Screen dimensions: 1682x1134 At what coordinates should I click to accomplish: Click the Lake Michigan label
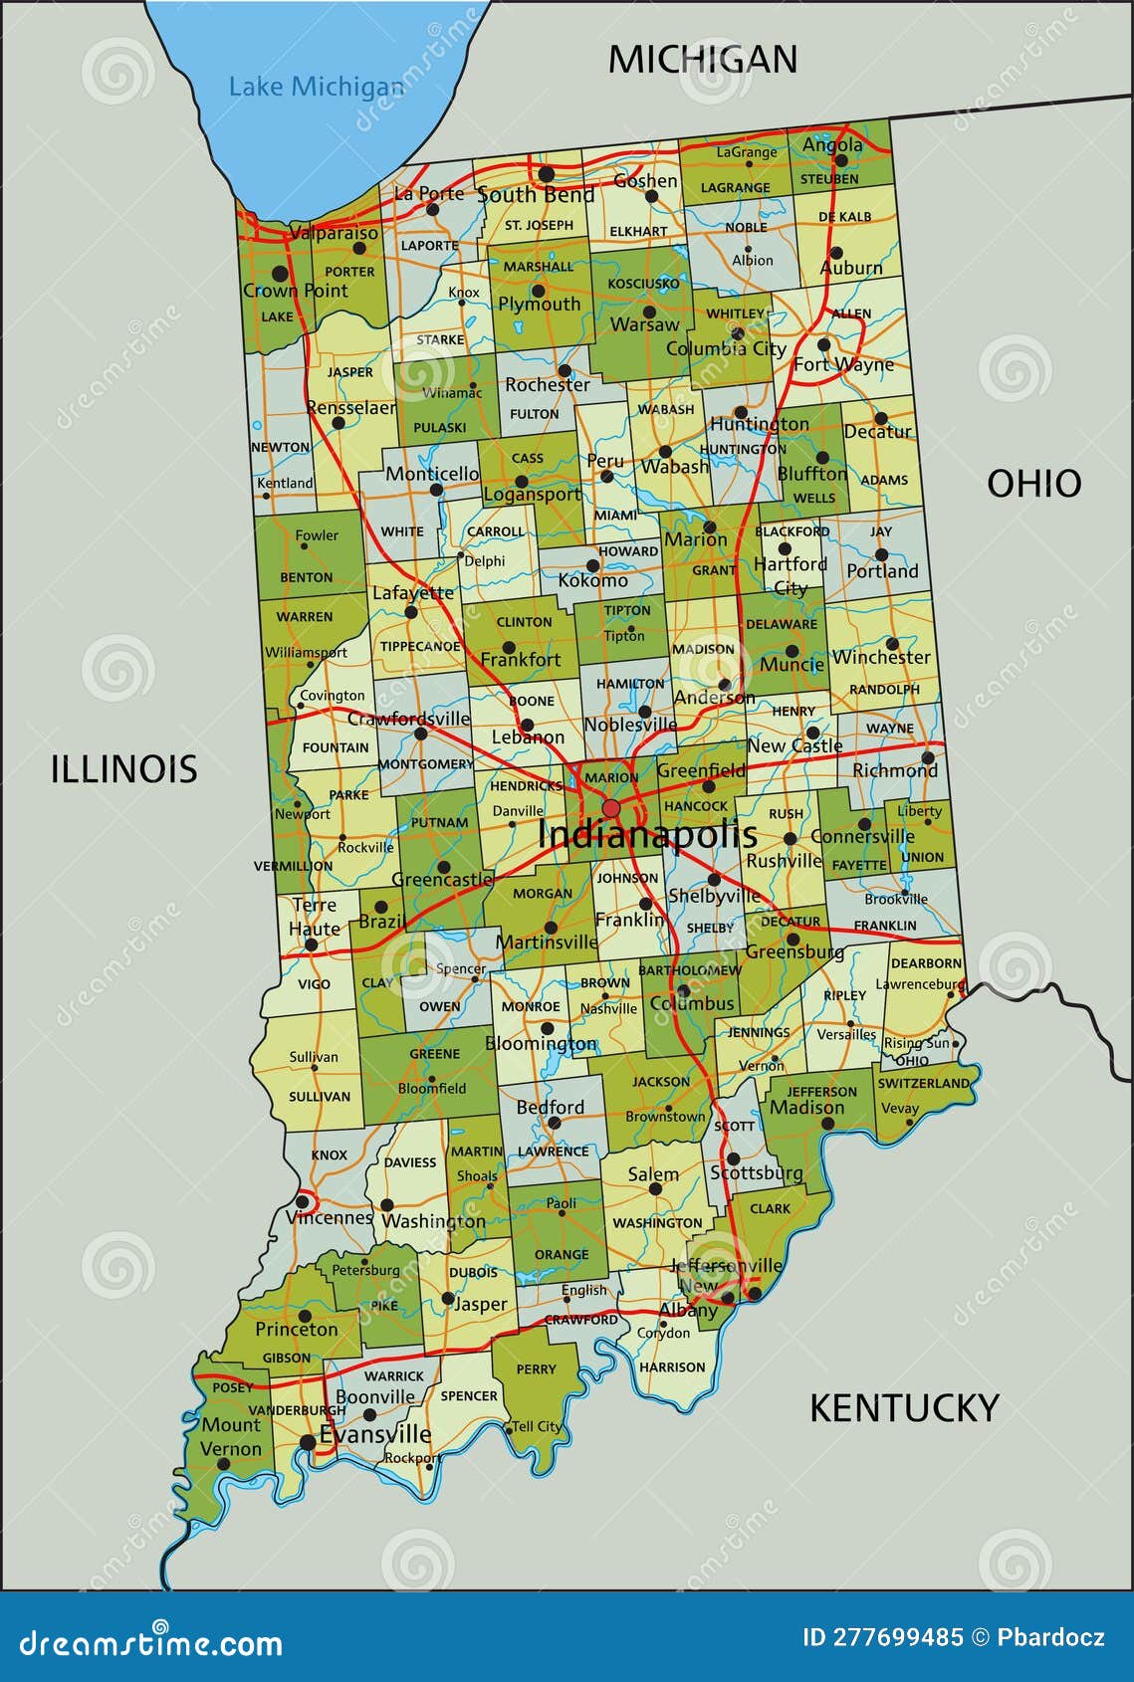pyautogui.click(x=316, y=88)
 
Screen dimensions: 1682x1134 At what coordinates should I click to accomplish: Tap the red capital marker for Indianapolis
pyautogui.click(x=611, y=808)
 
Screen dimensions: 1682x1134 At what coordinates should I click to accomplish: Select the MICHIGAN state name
pyautogui.click(x=703, y=60)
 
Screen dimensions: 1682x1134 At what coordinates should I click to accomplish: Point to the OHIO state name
pyautogui.click(x=1033, y=484)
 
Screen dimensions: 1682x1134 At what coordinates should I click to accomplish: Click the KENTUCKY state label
pyautogui.click(x=903, y=1408)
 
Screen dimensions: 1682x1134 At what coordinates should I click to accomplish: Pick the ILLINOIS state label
pyautogui.click(x=124, y=769)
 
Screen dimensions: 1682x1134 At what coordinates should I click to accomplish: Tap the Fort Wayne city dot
pyautogui.click(x=823, y=345)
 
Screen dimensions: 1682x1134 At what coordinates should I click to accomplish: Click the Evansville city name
pyautogui.click(x=375, y=1434)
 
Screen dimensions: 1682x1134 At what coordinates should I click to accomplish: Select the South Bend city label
pyautogui.click(x=536, y=195)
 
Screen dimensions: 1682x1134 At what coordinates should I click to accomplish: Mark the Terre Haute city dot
pyautogui.click(x=311, y=945)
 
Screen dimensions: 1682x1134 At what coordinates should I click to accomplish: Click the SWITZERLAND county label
pyautogui.click(x=923, y=1083)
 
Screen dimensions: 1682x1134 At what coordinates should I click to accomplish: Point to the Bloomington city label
pyautogui.click(x=541, y=1044)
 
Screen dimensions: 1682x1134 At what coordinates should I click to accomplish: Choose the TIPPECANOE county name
pyautogui.click(x=420, y=647)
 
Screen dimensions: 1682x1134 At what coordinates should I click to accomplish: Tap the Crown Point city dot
pyautogui.click(x=281, y=273)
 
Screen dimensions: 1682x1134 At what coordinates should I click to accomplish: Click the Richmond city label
pyautogui.click(x=894, y=770)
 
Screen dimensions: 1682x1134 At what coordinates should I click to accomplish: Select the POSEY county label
pyautogui.click(x=232, y=1387)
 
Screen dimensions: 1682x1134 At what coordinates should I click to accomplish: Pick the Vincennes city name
pyautogui.click(x=329, y=1217)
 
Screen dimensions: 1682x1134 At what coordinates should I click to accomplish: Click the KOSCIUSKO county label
pyautogui.click(x=643, y=284)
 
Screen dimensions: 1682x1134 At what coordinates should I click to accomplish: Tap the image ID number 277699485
pyautogui.click(x=882, y=1637)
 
